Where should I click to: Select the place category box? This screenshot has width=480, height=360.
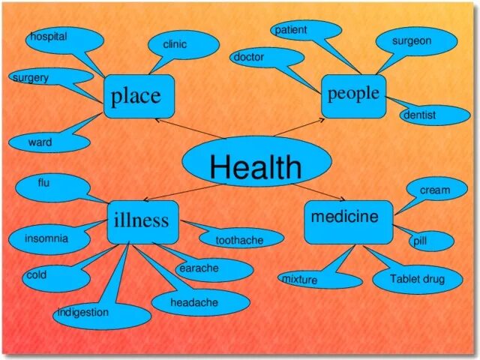click(139, 96)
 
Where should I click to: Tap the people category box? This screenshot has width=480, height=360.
click(353, 95)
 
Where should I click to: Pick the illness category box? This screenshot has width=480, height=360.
click(142, 220)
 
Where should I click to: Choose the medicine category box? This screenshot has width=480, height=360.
click(348, 220)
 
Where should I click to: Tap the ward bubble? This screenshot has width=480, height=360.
click(46, 142)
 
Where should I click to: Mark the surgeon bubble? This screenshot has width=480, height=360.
click(415, 41)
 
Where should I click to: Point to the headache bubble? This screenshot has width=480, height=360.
click(199, 302)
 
